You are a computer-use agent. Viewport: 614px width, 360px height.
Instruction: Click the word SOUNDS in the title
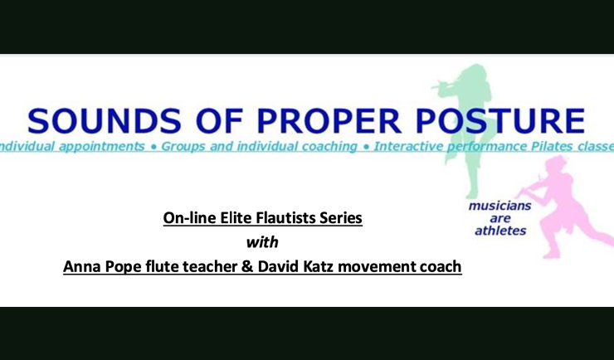[x=105, y=121]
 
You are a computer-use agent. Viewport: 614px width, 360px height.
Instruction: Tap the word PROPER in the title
[x=329, y=121]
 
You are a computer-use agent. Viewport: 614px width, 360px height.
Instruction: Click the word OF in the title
[x=220, y=121]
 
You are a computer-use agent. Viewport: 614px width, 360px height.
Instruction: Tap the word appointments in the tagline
[x=102, y=147]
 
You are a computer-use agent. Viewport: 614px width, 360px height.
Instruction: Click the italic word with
[x=262, y=242]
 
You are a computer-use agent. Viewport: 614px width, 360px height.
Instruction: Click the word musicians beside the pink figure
[x=500, y=206]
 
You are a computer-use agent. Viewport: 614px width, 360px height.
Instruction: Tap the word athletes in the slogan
[x=500, y=231]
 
